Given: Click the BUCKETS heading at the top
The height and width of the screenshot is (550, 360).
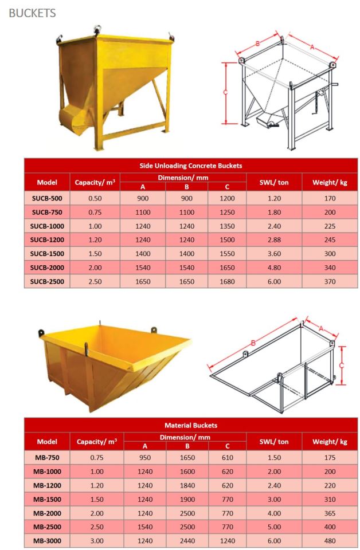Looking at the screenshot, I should pos(32,12).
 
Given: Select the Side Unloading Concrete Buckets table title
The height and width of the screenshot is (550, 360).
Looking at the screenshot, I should pos(191,166).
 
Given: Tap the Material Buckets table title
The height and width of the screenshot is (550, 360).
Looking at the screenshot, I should pos(191,426).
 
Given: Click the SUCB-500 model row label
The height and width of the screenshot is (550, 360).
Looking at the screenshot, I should pos(46,198).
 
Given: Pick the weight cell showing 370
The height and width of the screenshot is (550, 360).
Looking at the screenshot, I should pos(330,281).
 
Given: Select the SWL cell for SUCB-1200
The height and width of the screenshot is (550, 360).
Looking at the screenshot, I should pos(274,240).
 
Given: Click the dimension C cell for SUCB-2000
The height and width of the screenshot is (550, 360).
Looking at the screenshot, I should pos(227,268).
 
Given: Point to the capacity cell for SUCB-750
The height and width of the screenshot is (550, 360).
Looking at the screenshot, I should pos(95,212).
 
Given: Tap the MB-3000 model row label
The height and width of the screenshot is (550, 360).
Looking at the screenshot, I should pos(46,540).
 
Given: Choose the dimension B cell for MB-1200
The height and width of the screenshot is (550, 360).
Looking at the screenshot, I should pos(187,485).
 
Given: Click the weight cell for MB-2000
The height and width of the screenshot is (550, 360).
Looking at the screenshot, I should pos(330,513).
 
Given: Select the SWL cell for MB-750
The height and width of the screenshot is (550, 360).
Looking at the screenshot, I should pos(274,457).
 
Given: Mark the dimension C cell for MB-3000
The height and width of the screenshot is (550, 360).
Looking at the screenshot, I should pos(227,540).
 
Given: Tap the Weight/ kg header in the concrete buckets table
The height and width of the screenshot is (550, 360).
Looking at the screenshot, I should pos(330,183).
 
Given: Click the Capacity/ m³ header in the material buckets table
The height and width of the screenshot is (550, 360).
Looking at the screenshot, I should pos(95,442).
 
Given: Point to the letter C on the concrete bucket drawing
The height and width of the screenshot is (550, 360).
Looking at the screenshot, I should pos(225,92).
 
